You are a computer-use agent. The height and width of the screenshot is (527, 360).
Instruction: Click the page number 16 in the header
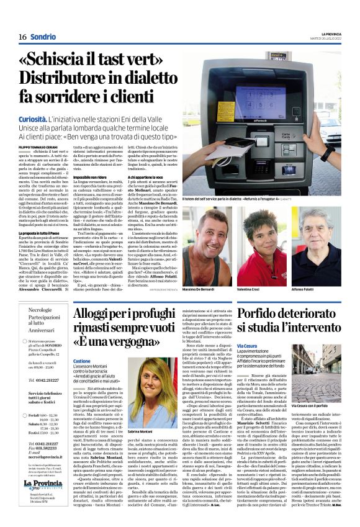pyautogui.click(x=22, y=37)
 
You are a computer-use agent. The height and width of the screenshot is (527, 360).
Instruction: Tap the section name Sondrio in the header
pyautogui.click(x=43, y=37)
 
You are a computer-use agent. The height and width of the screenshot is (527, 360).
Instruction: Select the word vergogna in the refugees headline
pyautogui.click(x=133, y=341)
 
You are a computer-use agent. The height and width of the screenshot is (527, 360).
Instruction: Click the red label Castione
pyautogui.click(x=82, y=359)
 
